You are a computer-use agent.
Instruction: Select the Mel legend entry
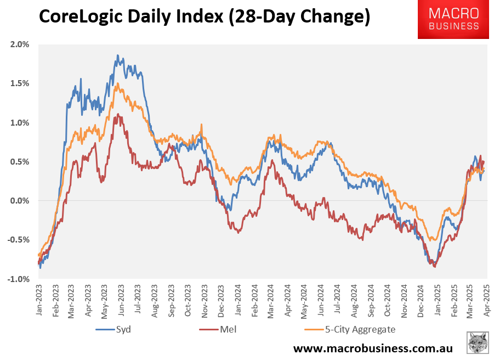(217, 329)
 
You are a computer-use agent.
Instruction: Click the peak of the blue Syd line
(117, 55)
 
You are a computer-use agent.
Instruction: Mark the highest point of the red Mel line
(118, 114)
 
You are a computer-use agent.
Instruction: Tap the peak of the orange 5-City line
(117, 83)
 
